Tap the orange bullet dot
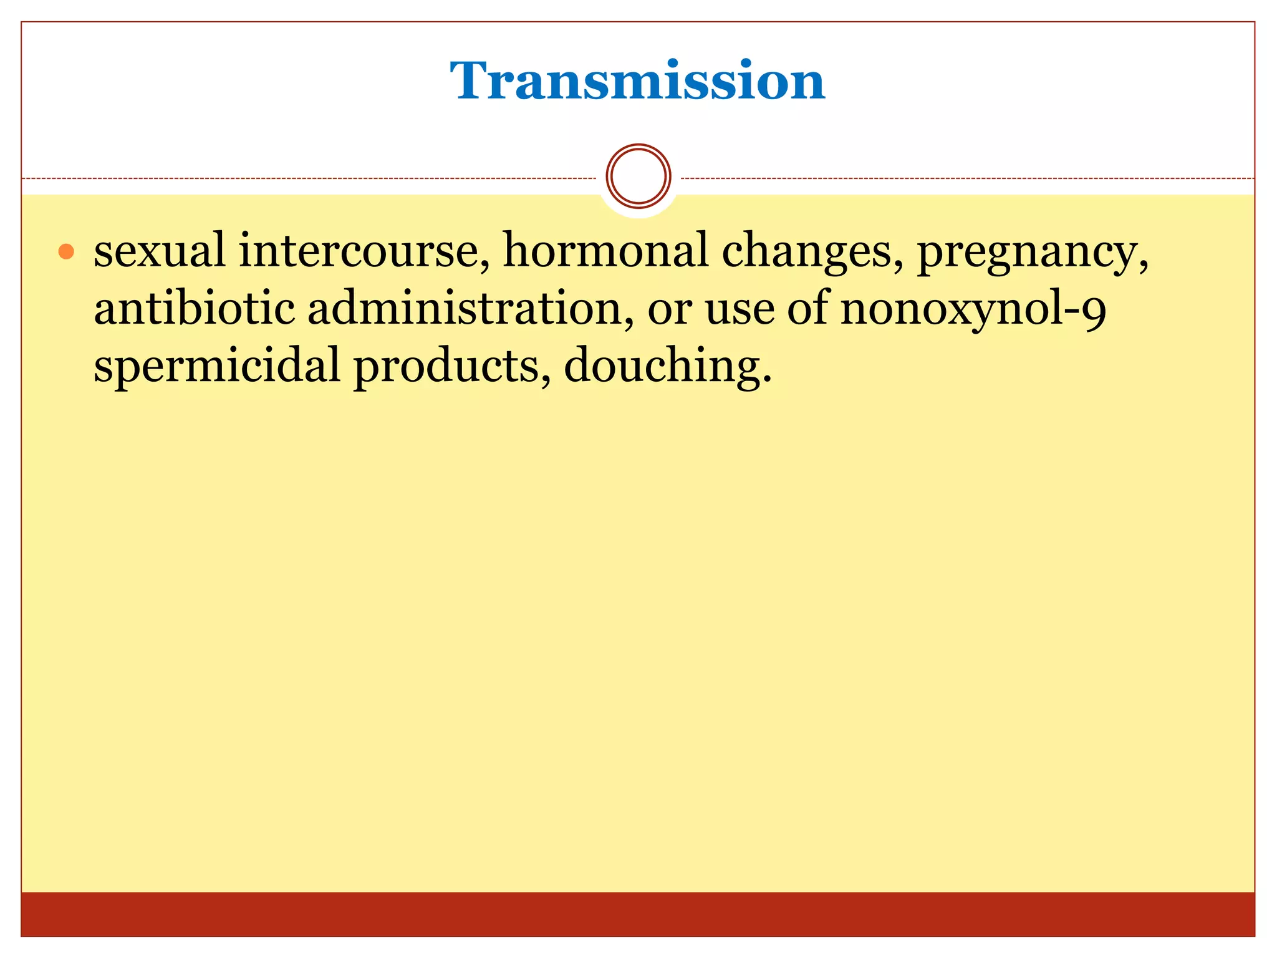[x=66, y=252]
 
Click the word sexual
[x=160, y=251]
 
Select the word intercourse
[x=364, y=251]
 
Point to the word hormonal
[x=605, y=251]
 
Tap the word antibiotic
[x=194, y=308]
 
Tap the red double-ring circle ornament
[x=638, y=177]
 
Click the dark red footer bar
[x=637, y=914]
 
